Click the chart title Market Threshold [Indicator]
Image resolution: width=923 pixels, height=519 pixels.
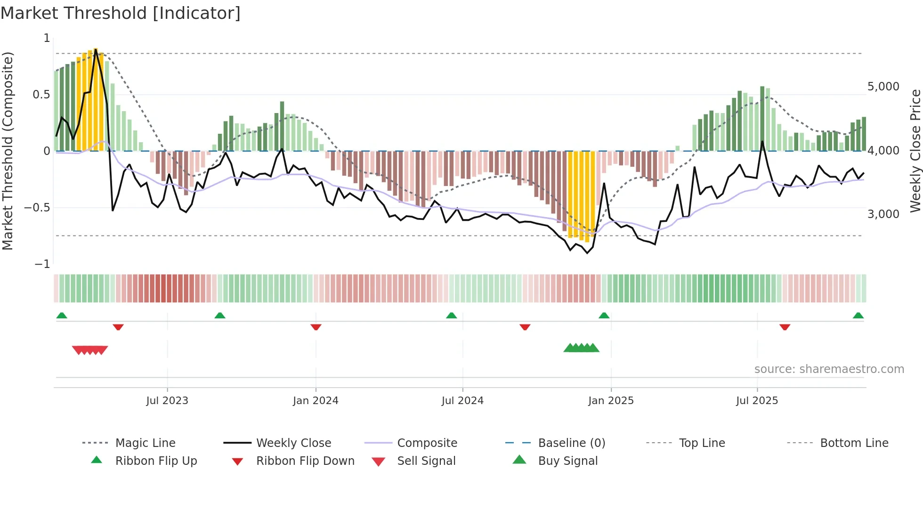(121, 13)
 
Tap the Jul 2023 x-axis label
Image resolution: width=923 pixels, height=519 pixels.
(167, 401)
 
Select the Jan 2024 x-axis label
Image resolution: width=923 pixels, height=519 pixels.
(316, 401)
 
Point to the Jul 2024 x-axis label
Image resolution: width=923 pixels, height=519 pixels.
(462, 401)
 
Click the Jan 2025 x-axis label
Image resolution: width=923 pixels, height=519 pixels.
(611, 401)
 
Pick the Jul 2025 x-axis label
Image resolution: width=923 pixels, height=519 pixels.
(757, 401)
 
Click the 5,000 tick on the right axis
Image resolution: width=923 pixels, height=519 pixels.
(883, 87)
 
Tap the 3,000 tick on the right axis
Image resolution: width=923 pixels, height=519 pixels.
(883, 214)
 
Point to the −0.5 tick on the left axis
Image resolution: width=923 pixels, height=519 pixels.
(37, 208)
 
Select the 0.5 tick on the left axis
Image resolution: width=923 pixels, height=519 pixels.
(41, 95)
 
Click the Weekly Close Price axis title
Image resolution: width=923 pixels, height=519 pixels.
(915, 151)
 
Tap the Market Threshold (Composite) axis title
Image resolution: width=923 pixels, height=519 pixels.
(8, 151)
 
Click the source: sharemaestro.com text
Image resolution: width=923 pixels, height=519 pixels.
(829, 369)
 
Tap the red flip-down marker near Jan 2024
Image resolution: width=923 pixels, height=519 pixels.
(316, 327)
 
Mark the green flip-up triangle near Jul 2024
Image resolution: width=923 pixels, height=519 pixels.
(452, 316)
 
